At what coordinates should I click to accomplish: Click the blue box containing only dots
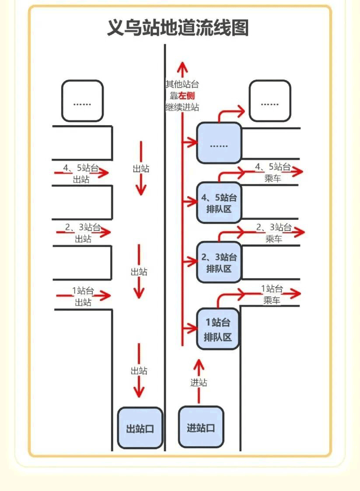pyautogui.click(x=219, y=144)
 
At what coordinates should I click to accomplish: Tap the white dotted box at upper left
pyautogui.click(x=82, y=101)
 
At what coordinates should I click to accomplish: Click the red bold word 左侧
pyautogui.click(x=185, y=95)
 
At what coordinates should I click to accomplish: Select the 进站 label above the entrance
pyautogui.click(x=199, y=382)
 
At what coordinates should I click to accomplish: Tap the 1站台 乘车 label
pyautogui.click(x=272, y=294)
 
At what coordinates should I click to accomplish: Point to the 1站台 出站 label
pyautogui.click(x=83, y=296)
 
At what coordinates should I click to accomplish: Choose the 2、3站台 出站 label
pyautogui.click(x=83, y=233)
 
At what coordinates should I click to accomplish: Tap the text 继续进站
pyautogui.click(x=182, y=106)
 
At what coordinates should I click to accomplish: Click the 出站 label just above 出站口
pyautogui.click(x=139, y=371)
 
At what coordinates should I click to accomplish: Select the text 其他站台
pyautogui.click(x=182, y=84)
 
